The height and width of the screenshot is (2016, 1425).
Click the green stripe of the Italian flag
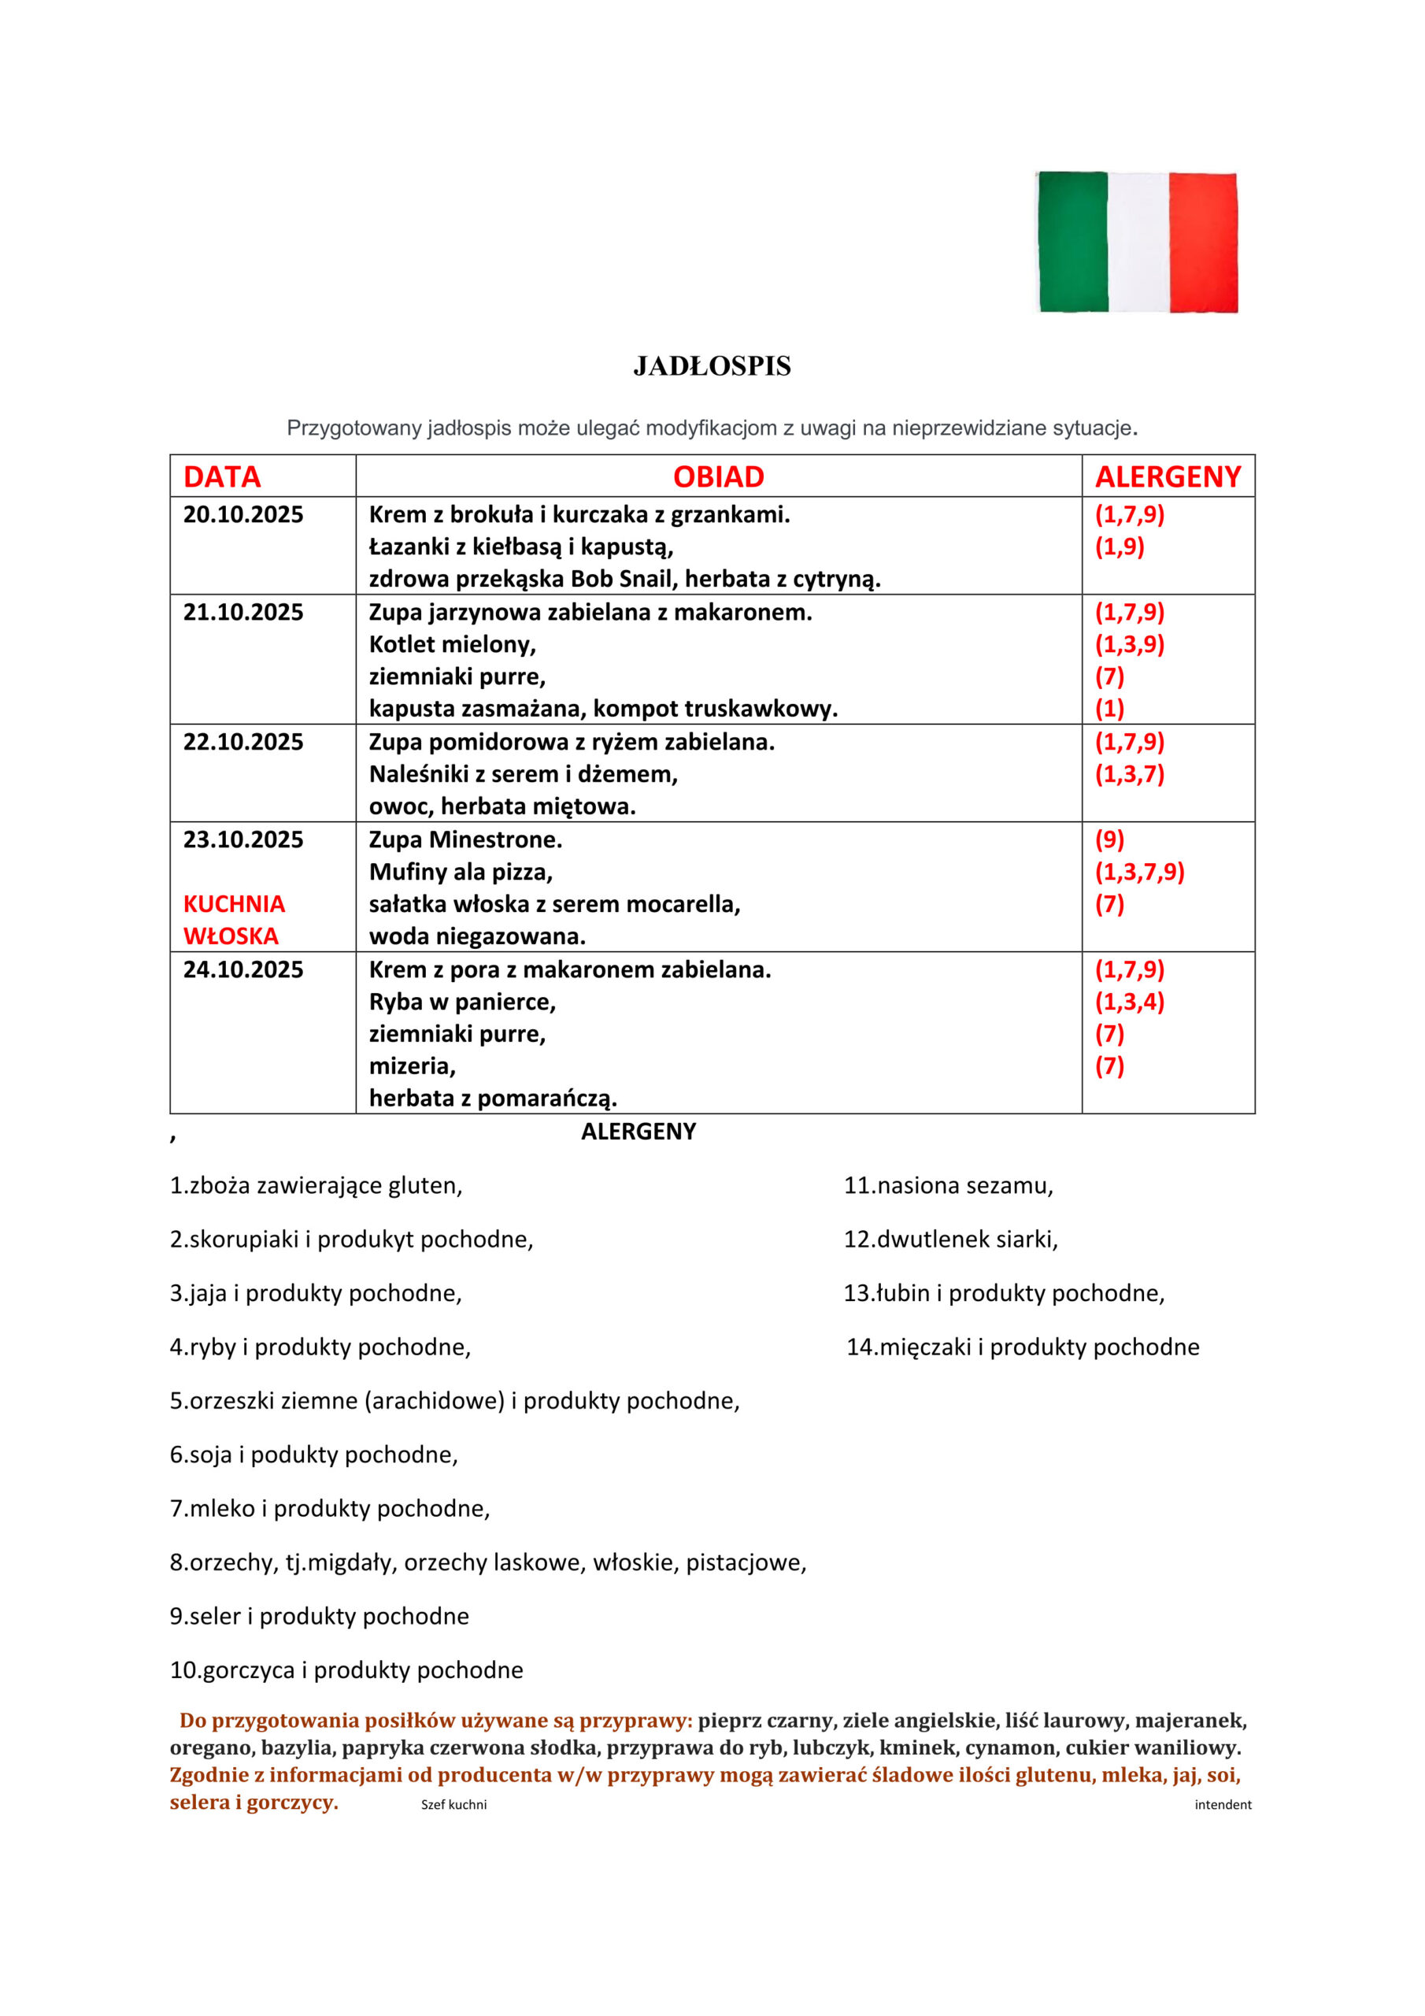coord(1072,242)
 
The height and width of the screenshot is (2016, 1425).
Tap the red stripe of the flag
coord(1203,242)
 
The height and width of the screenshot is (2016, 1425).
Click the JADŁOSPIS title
coord(712,366)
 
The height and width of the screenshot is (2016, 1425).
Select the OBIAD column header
coord(718,476)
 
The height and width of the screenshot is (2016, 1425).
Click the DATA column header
coord(222,476)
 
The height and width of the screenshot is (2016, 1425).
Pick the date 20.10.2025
coord(243,514)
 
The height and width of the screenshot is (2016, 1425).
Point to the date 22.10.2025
coord(243,742)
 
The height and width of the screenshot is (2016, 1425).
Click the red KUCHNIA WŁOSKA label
coord(234,921)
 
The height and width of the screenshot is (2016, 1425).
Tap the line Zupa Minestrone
coord(465,839)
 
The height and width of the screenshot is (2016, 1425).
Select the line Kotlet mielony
coord(452,644)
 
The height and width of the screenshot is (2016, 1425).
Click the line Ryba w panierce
coord(462,1002)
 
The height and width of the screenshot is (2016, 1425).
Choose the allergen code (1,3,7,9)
coord(1138,872)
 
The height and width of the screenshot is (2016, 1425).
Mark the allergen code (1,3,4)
coord(1129,1002)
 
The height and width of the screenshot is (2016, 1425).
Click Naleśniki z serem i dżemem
coord(524,774)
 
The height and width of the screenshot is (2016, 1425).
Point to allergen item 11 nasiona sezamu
coord(948,1185)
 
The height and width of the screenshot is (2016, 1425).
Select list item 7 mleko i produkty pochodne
coord(330,1509)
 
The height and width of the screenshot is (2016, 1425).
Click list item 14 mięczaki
coord(1022,1347)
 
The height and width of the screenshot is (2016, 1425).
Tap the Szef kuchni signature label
coord(454,1804)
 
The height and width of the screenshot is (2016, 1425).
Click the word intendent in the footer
coord(1222,1804)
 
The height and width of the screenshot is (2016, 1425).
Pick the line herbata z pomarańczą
coord(493,1099)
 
